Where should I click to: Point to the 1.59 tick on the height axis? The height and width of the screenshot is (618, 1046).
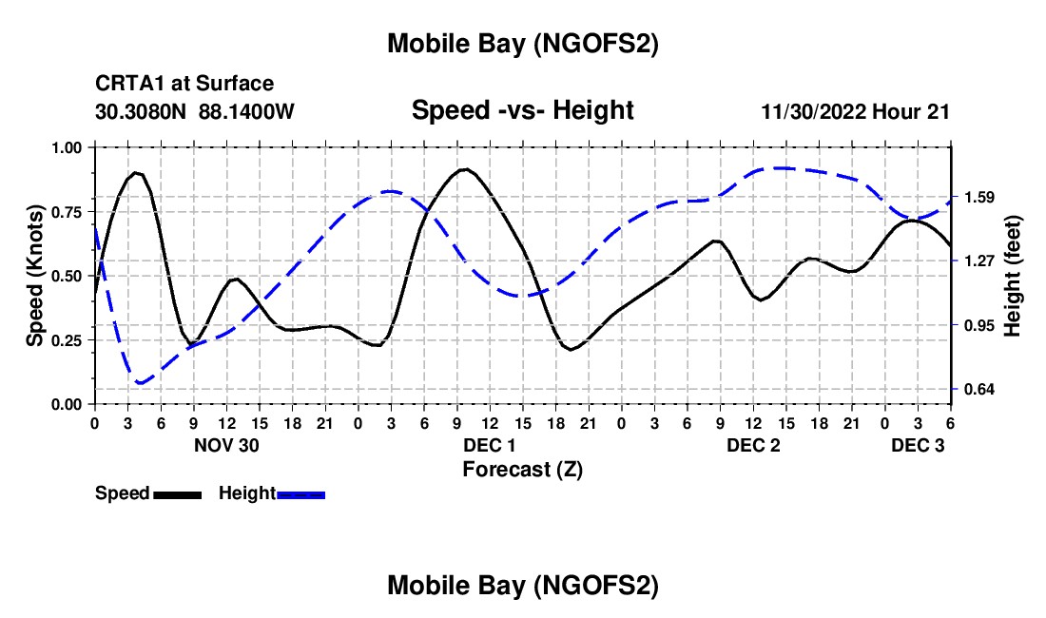pyautogui.click(x=979, y=198)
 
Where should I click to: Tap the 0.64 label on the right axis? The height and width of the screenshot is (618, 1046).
pyautogui.click(x=979, y=390)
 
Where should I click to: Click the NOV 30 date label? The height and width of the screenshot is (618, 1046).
pyautogui.click(x=226, y=445)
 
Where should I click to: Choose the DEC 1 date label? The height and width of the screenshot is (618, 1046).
pyautogui.click(x=489, y=445)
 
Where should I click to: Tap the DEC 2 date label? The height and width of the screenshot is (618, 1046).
pyautogui.click(x=753, y=445)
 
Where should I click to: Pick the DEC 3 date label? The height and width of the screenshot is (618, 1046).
pyautogui.click(x=918, y=445)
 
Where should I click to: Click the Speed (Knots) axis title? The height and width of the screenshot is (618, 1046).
pyautogui.click(x=35, y=276)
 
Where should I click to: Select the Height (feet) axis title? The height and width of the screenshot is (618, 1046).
pyautogui.click(x=1013, y=276)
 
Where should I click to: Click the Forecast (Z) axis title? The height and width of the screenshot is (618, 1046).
pyautogui.click(x=522, y=469)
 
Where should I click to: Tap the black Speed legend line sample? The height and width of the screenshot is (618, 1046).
pyautogui.click(x=177, y=493)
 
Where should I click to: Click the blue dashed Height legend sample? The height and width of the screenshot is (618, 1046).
pyautogui.click(x=301, y=493)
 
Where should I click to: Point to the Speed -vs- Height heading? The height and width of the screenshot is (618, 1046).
pyautogui.click(x=522, y=110)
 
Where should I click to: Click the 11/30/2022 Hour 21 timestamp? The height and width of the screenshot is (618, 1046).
pyautogui.click(x=855, y=111)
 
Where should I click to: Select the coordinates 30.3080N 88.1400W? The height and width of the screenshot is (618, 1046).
pyautogui.click(x=195, y=111)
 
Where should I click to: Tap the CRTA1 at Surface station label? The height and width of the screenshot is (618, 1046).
pyautogui.click(x=184, y=84)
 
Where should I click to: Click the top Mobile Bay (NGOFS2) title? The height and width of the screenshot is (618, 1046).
pyautogui.click(x=522, y=44)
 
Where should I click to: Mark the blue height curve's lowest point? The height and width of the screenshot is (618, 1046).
pyautogui.click(x=141, y=383)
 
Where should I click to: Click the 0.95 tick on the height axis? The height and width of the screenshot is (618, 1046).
pyautogui.click(x=979, y=326)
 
